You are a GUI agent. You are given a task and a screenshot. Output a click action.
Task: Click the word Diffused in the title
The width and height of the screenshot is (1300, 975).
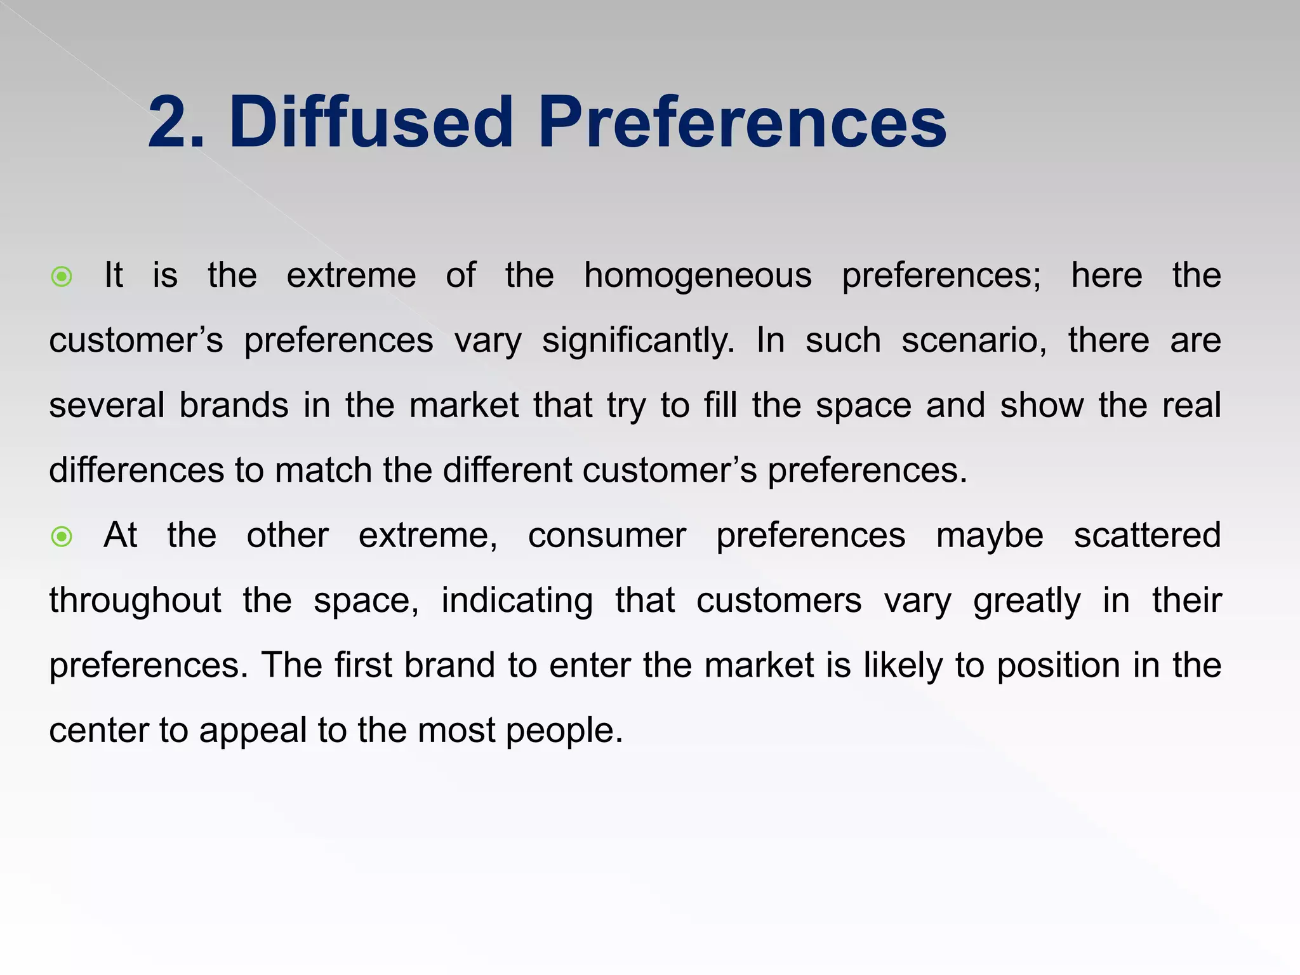pyautogui.click(x=371, y=122)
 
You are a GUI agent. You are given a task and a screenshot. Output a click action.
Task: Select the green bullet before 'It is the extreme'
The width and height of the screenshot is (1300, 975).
pyautogui.click(x=62, y=277)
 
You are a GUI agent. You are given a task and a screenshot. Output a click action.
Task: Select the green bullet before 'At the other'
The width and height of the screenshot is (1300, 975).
pyautogui.click(x=62, y=537)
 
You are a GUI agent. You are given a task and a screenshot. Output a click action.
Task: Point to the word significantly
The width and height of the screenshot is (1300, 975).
pyautogui.click(x=638, y=342)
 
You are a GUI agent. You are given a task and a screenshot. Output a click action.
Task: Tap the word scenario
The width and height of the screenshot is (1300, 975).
pyautogui.click(x=974, y=340)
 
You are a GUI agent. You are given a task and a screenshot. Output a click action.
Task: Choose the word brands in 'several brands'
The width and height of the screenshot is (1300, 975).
pyautogui.click(x=234, y=406)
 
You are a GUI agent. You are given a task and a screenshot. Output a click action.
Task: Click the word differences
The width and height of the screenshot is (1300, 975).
pyautogui.click(x=136, y=470)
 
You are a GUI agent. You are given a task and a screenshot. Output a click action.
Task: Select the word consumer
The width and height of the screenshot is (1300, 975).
pyautogui.click(x=607, y=536)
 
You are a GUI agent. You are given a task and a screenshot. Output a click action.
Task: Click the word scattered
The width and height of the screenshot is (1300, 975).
pyautogui.click(x=1147, y=536)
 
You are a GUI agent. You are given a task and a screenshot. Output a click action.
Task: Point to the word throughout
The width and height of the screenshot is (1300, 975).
pyautogui.click(x=135, y=600)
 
